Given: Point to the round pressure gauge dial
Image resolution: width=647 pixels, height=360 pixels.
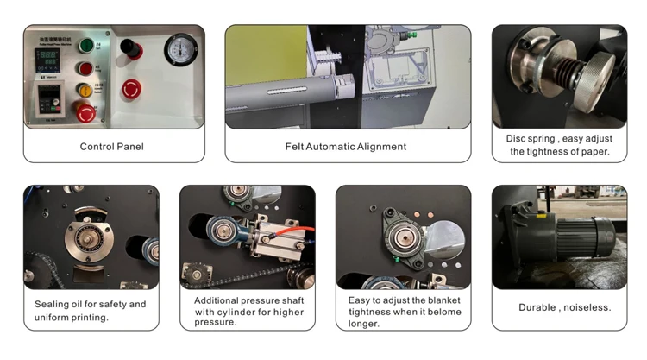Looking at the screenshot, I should [x=178, y=50].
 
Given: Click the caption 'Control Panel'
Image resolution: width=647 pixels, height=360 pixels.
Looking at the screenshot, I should [x=112, y=147].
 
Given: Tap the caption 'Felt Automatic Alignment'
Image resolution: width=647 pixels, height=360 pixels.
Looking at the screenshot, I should [x=345, y=147].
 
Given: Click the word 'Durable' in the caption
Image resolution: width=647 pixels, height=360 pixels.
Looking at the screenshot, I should [x=537, y=307].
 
